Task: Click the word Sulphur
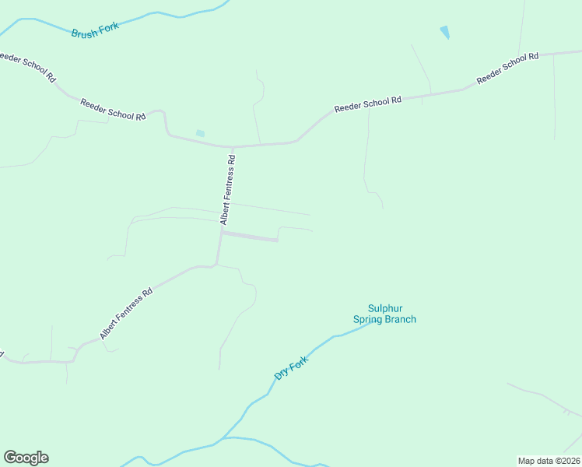(x=384, y=308)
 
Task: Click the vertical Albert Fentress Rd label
(x=227, y=191)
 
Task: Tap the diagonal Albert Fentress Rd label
(x=126, y=314)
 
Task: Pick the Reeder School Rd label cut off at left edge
(x=28, y=68)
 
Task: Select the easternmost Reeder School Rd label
(x=507, y=68)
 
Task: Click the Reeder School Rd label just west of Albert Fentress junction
(x=113, y=110)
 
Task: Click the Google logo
(x=26, y=458)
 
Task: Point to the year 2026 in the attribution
(x=569, y=460)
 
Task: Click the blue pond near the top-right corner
(x=444, y=32)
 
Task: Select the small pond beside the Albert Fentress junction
(x=200, y=134)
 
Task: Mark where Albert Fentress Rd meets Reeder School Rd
(x=232, y=146)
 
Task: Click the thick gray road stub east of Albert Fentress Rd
(x=251, y=237)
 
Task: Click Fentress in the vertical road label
(x=227, y=193)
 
